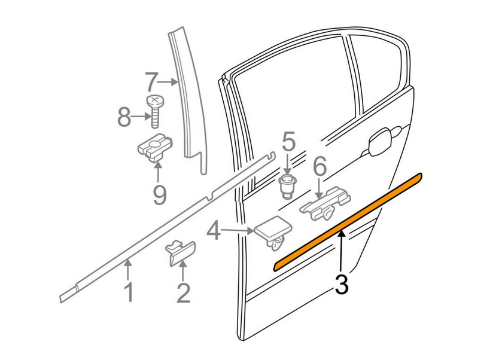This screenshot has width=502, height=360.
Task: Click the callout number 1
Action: click(x=127, y=292)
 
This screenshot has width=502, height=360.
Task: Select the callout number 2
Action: click(x=183, y=292)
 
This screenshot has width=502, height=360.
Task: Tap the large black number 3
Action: click(x=342, y=284)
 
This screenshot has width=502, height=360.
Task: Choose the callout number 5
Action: click(x=289, y=143)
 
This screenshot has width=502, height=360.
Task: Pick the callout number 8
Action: click(x=124, y=117)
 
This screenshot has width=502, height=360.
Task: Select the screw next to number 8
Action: click(x=155, y=111)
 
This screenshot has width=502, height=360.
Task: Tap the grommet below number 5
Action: click(x=288, y=186)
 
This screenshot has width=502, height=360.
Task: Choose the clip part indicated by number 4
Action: click(x=272, y=233)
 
